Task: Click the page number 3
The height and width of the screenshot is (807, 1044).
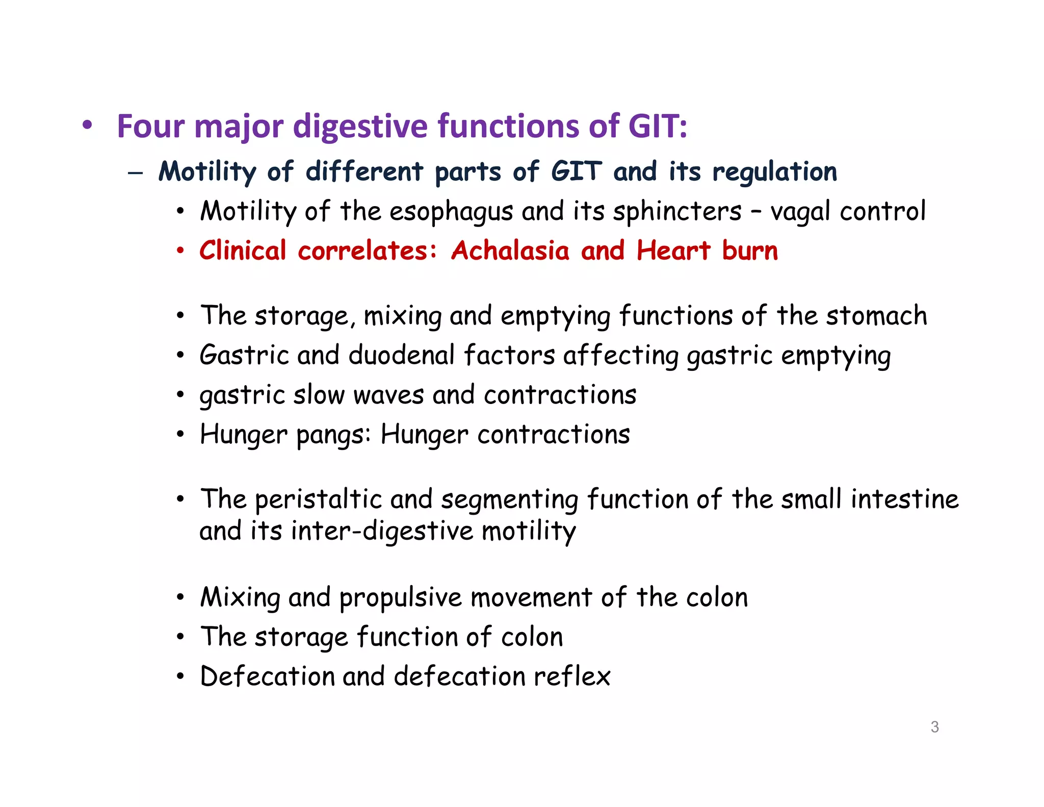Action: (x=934, y=726)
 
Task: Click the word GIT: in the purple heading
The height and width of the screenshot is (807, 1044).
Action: (x=658, y=126)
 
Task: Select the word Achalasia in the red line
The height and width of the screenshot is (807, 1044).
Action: (x=510, y=250)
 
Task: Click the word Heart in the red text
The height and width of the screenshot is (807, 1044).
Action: (x=673, y=250)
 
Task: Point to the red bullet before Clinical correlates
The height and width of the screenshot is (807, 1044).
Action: (x=180, y=250)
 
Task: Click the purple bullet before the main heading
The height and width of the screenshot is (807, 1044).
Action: (x=88, y=125)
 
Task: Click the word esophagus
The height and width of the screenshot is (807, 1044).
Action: (x=451, y=212)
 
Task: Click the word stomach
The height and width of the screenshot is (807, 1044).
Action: (x=876, y=316)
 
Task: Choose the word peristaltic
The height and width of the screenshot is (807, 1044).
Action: (x=318, y=499)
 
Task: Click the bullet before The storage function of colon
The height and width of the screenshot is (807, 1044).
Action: (x=180, y=637)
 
